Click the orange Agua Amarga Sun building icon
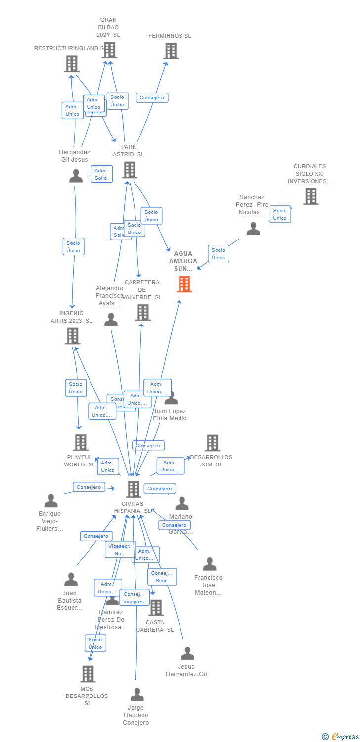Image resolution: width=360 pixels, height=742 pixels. tap(184, 284)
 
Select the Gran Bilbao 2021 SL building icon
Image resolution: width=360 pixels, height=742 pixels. tap(109, 50)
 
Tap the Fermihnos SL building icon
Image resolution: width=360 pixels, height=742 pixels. tap(171, 50)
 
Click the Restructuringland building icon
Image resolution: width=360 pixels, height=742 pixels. tap(72, 64)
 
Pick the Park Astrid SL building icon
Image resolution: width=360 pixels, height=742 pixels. tap(129, 170)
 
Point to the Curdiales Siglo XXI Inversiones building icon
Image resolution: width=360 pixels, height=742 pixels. tap(311, 196)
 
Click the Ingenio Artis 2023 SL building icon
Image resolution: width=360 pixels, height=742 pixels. tap(73, 336)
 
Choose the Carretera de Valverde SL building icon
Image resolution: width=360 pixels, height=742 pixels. tap(143, 312)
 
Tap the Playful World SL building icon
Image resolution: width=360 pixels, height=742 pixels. tap(81, 442)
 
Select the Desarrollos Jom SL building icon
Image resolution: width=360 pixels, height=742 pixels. tap(212, 443)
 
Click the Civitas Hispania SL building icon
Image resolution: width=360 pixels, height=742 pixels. tap(134, 489)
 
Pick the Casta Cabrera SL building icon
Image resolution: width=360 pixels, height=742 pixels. tap(156, 607)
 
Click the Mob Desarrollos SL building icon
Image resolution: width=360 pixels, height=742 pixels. tap(88, 674)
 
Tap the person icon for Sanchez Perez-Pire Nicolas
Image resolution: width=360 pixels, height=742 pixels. tap(253, 229)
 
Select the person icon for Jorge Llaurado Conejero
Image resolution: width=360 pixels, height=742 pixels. tap(137, 695)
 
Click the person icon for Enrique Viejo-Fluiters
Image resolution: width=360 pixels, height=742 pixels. tap(51, 501)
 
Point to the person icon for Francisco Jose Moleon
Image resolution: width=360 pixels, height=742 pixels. tap(210, 564)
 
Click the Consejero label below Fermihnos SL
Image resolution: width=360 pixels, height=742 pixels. tap(152, 98)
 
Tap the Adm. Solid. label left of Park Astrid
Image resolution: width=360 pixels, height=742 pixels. tap(102, 174)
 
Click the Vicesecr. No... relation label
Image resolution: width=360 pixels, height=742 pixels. tap(120, 550)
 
